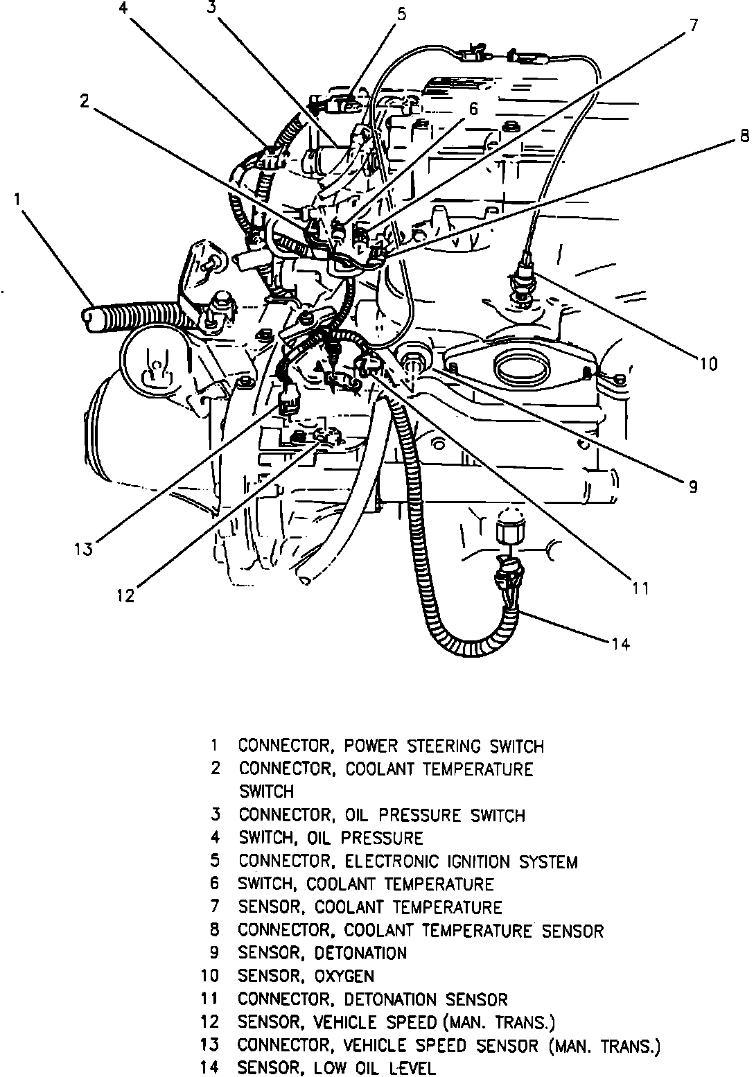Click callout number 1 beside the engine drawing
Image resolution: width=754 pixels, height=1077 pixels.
[17, 200]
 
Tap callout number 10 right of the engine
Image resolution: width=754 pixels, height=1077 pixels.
[708, 363]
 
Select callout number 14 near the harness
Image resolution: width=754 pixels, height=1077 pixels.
[620, 644]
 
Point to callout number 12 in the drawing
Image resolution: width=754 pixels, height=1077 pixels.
[125, 595]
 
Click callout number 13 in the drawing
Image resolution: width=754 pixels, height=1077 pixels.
[83, 549]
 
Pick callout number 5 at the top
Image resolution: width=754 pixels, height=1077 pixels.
[401, 14]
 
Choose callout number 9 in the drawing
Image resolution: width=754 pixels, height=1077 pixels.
[692, 486]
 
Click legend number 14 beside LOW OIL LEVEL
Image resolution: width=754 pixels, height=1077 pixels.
[210, 1068]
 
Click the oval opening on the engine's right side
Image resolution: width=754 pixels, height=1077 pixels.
[520, 367]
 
